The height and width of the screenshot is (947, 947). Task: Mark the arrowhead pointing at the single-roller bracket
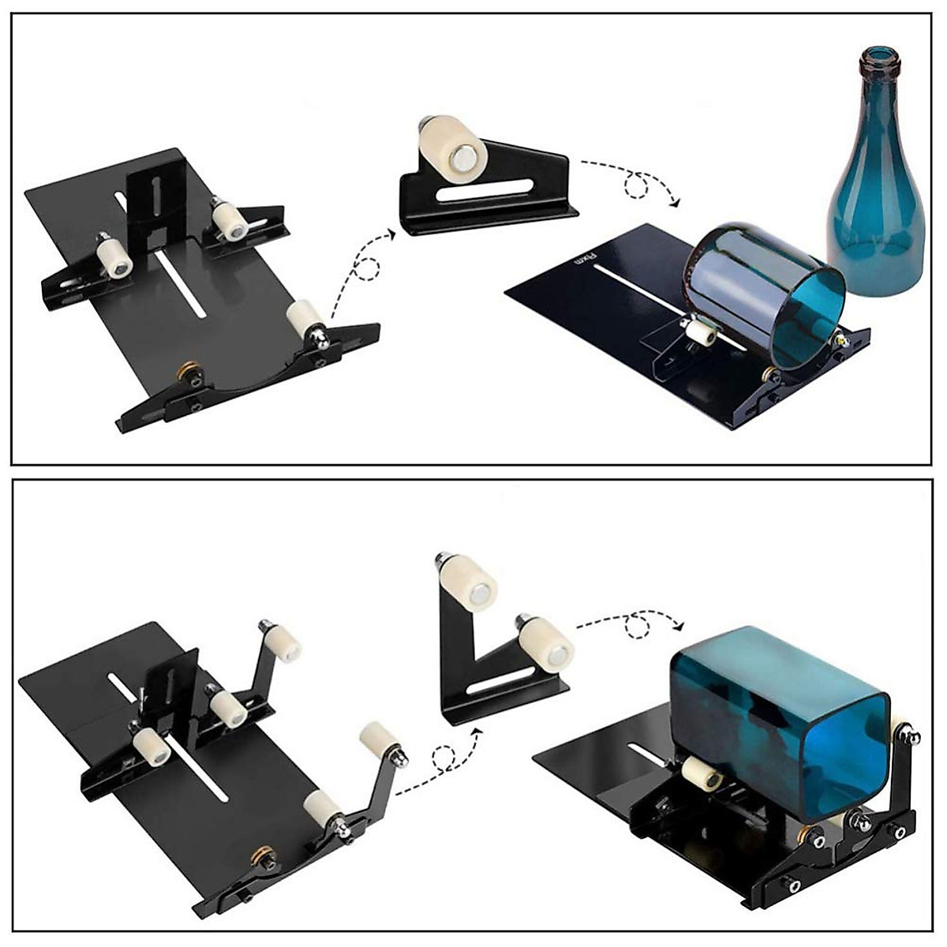click(391, 234)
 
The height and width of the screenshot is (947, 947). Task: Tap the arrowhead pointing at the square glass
click(679, 627)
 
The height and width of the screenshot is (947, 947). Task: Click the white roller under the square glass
click(700, 773)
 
